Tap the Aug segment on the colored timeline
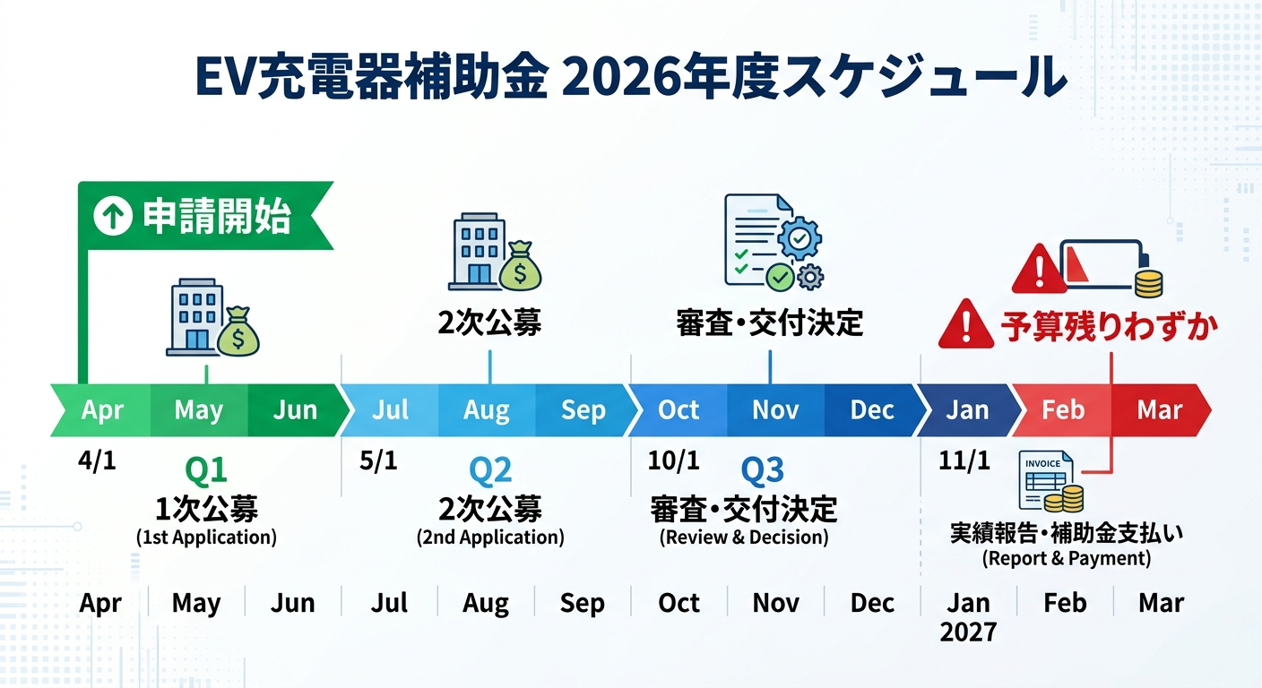[487, 410]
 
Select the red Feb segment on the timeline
[1063, 410]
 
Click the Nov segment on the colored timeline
[775, 410]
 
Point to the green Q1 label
[206, 469]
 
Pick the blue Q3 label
[763, 469]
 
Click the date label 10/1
[673, 461]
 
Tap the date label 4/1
[98, 461]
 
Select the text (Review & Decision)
[744, 537]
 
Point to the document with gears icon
[772, 245]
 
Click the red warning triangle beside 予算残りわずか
[965, 325]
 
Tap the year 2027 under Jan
[968, 632]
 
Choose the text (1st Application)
[206, 537]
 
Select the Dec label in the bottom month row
[872, 603]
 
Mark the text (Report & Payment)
[1066, 559]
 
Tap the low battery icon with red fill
[1101, 265]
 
